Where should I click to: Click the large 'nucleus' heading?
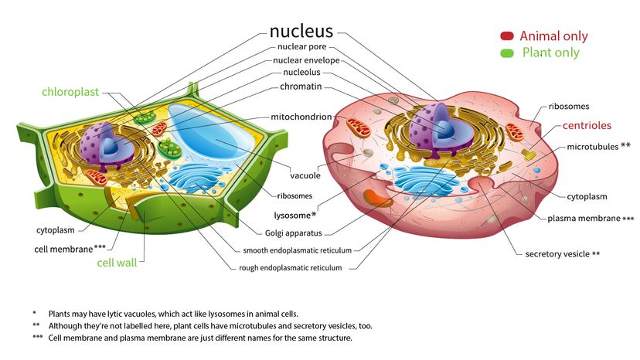pos(301,32)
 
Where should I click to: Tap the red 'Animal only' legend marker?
pos(507,36)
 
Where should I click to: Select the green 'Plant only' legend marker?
pos(507,53)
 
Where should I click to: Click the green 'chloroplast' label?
pos(70,92)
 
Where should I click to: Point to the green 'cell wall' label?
pos(116,263)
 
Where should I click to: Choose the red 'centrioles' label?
pos(587,125)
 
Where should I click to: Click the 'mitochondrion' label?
pos(301,117)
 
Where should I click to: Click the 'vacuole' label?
pos(305,176)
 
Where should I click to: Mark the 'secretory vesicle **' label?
pos(562,253)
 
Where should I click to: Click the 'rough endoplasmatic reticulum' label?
pos(294,268)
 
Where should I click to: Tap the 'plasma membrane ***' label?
pos(591,219)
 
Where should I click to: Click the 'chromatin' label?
pos(301,86)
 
